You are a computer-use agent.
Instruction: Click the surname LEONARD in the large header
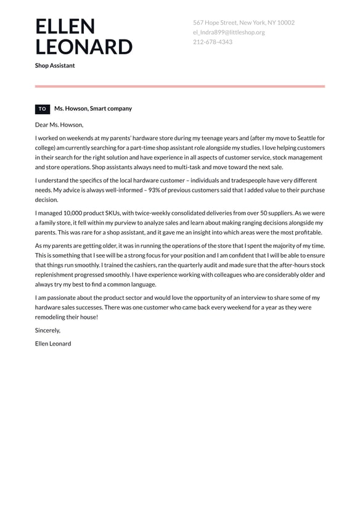pyautogui.click(x=83, y=48)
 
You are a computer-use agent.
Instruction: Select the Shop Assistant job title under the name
pyautogui.click(x=55, y=65)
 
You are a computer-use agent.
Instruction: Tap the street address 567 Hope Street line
pyautogui.click(x=243, y=23)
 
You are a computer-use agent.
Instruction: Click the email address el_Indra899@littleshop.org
pyautogui.click(x=229, y=32)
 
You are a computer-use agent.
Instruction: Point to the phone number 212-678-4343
pyautogui.click(x=212, y=42)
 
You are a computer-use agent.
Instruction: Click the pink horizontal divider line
pyautogui.click(x=179, y=86)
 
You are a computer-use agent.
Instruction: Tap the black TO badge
pyautogui.click(x=42, y=109)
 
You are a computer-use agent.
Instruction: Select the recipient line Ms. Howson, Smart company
pyautogui.click(x=93, y=109)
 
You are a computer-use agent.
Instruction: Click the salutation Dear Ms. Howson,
pyautogui.click(x=59, y=125)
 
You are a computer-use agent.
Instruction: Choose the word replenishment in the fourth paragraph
pyautogui.click(x=57, y=275)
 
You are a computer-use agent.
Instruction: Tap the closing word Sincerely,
pyautogui.click(x=47, y=330)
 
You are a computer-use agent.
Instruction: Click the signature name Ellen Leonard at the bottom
pyautogui.click(x=53, y=344)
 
